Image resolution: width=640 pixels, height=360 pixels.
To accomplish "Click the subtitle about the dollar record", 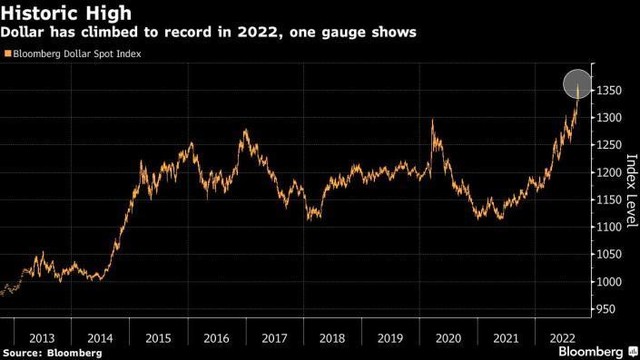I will point(209,33).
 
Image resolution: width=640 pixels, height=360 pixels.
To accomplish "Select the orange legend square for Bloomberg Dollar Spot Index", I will point(8,54).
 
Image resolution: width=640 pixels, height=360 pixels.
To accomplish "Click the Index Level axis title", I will point(630,186).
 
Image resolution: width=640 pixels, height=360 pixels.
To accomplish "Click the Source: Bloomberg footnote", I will point(51,353).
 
